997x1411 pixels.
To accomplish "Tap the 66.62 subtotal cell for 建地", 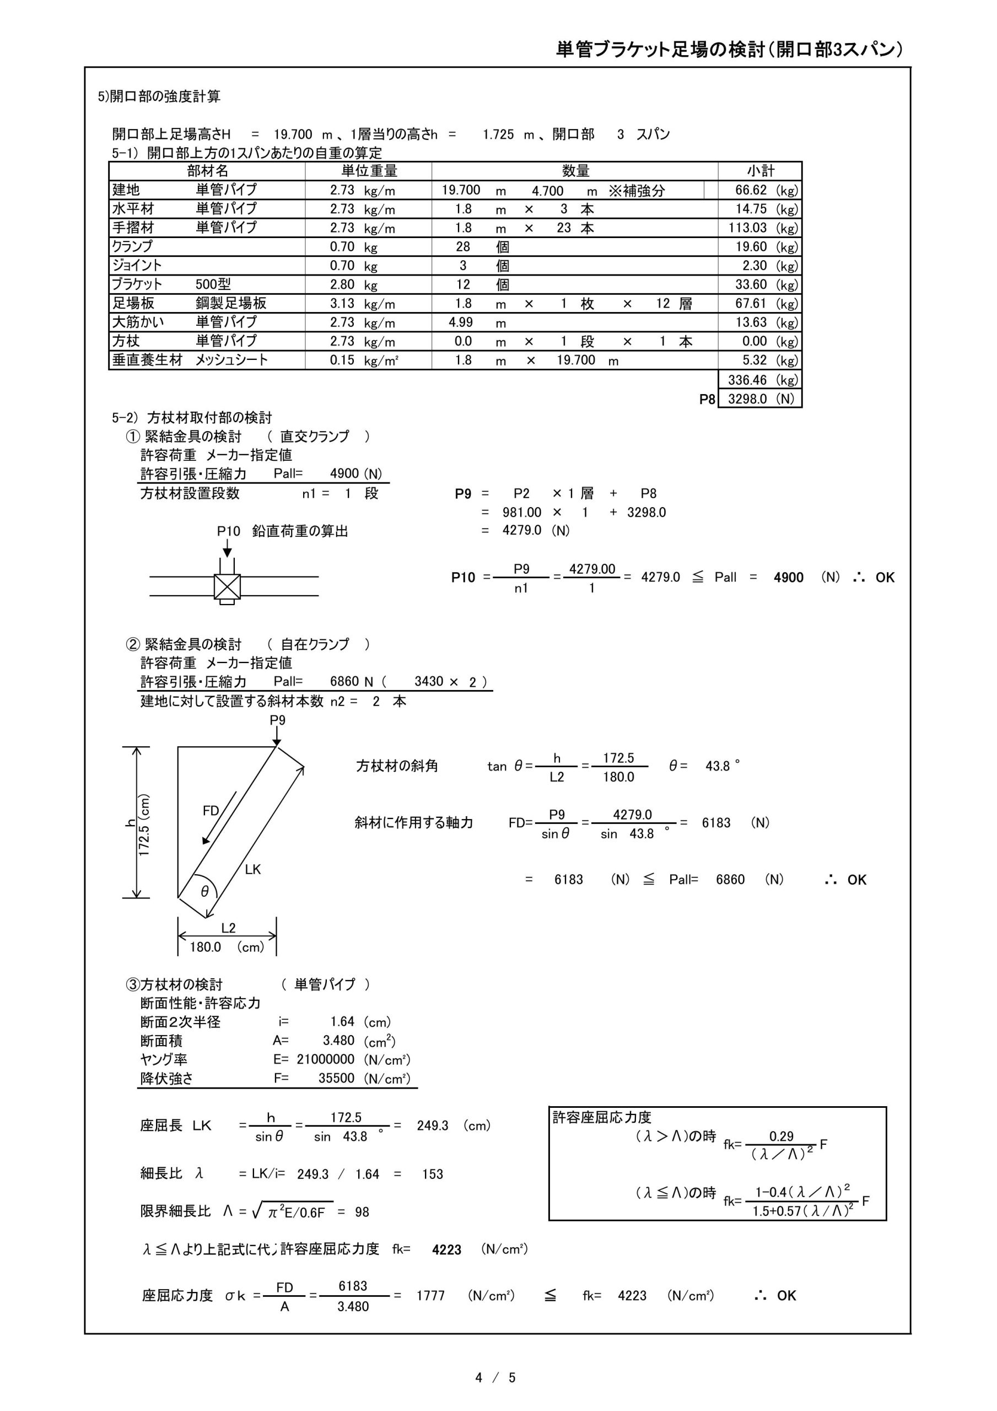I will coord(751,191).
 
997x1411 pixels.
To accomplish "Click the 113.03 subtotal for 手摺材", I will coord(747,228).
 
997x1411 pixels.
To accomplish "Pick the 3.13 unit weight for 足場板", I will coord(342,304).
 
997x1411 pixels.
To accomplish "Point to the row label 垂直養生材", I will coord(147,360).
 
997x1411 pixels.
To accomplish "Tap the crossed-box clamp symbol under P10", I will coord(227,587).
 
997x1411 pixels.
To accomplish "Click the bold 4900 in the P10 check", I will coord(788,578).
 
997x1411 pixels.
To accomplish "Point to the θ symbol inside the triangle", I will coord(204,891).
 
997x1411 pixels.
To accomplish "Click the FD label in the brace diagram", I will coord(211,811).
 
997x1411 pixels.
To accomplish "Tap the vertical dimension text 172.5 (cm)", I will coord(144,825).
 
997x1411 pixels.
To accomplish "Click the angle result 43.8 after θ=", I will coord(718,766).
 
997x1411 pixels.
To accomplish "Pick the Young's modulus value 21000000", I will coord(325,1059).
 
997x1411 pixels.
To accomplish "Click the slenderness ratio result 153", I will coord(432,1174).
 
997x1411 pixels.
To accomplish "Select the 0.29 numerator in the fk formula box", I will coord(782,1137).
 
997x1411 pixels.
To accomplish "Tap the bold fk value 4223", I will coord(446,1250).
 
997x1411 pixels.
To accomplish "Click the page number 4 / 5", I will coord(495,1378).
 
